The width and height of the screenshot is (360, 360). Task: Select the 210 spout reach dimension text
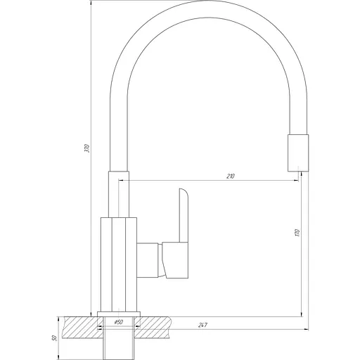231,175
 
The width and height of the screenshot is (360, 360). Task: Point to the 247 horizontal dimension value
202,324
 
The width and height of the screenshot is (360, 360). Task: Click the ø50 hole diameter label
118,322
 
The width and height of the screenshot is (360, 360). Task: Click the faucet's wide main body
119,264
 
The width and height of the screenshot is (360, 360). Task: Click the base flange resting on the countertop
119,314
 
